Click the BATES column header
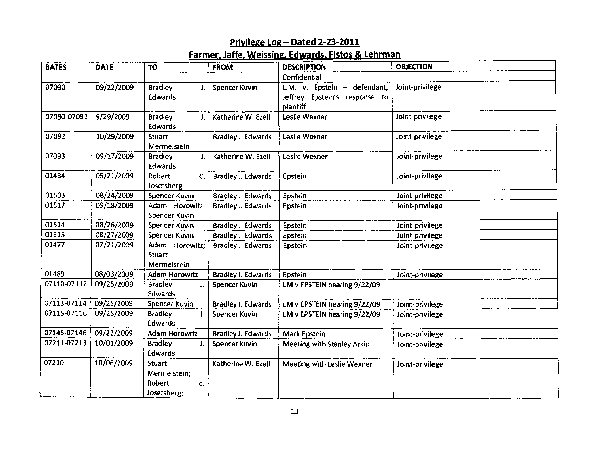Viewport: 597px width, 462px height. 56,67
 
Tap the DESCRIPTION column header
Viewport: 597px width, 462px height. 304,67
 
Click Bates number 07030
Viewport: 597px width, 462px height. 56,87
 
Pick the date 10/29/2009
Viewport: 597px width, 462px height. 115,137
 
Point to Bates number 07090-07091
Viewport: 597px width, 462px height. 66,117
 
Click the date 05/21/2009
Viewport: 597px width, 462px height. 114,176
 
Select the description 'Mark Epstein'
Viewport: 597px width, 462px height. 304,334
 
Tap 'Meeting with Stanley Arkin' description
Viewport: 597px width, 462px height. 326,344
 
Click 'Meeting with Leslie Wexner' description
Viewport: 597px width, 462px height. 327,364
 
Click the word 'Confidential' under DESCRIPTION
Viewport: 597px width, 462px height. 302,77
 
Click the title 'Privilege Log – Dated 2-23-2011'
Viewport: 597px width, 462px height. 294,42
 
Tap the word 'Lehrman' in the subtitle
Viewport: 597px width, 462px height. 382,55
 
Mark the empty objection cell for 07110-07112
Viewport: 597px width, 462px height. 475,289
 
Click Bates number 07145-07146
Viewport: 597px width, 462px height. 65,333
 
